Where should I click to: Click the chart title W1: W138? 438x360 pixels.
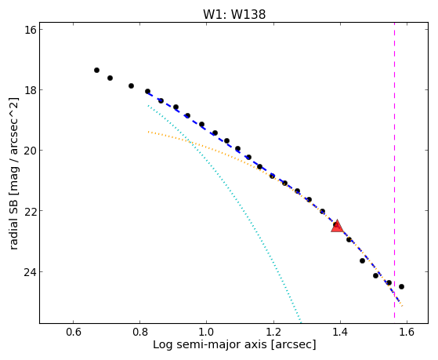click(234, 14)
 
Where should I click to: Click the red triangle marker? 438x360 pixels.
click(337, 227)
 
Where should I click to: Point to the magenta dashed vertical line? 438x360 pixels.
click(394, 170)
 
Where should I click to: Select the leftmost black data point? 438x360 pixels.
click(96, 71)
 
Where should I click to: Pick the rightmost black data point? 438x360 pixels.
click(401, 287)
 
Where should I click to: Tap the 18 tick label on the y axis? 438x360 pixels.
click(31, 89)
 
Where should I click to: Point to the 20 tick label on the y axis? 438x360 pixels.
click(31, 151)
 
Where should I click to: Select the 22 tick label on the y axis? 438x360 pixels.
click(31, 211)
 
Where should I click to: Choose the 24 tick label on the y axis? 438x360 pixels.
click(31, 271)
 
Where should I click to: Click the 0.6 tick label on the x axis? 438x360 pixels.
click(73, 332)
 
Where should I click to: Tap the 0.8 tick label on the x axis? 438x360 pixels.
click(139, 332)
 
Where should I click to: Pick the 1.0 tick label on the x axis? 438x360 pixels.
click(207, 332)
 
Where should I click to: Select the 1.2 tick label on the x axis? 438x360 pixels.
click(273, 332)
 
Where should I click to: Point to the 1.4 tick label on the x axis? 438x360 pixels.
click(340, 332)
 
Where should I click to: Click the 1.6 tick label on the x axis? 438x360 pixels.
click(407, 332)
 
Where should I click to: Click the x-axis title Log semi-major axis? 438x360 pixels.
click(209, 345)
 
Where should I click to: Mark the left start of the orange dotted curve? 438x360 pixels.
click(148, 132)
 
